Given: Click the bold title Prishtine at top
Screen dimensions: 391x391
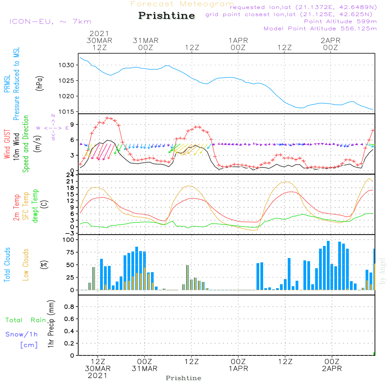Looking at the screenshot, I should click(x=167, y=16).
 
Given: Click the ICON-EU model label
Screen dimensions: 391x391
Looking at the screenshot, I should click(x=50, y=22).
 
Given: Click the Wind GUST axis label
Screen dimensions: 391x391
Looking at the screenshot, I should click(x=7, y=145).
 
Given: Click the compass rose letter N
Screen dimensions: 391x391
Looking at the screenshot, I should click(x=53, y=116).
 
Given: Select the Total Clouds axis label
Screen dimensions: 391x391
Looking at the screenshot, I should click(x=7, y=265).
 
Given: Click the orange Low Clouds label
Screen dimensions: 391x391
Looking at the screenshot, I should click(x=26, y=265).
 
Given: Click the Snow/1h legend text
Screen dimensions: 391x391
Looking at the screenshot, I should click(x=22, y=335).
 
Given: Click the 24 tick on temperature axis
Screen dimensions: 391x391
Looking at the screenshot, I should click(x=70, y=175).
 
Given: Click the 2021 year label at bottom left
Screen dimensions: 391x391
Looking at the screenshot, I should click(x=97, y=376).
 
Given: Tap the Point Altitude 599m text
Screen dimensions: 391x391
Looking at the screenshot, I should click(x=340, y=22).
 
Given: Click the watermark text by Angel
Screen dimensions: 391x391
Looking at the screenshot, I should click(x=382, y=271).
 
